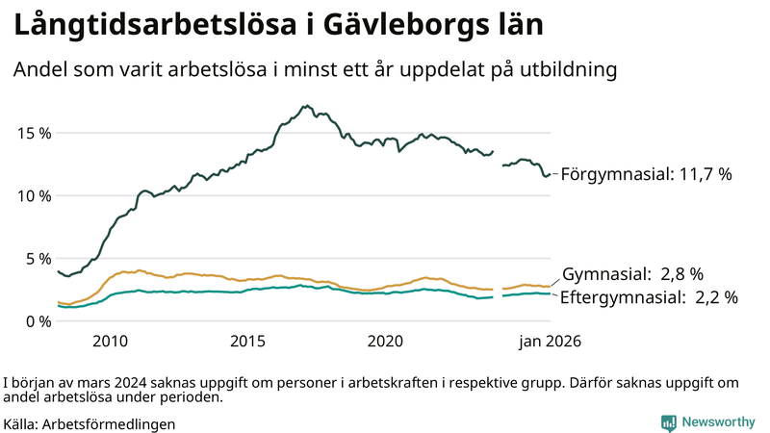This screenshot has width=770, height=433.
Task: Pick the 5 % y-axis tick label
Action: [x=36, y=259]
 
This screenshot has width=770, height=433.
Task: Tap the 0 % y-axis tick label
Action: [x=36, y=321]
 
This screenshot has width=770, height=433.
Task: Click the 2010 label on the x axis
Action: [x=110, y=342]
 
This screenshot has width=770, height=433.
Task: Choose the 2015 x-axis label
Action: [x=247, y=342]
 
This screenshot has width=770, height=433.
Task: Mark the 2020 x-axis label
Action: [x=385, y=342]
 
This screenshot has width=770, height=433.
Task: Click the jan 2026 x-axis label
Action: [x=550, y=342]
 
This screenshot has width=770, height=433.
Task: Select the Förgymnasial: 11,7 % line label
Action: [x=646, y=175]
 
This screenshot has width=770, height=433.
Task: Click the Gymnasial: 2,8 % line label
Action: [x=632, y=274]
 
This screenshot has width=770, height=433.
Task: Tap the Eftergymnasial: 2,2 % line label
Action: [x=649, y=297]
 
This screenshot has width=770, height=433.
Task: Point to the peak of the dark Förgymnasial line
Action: [x=306, y=106]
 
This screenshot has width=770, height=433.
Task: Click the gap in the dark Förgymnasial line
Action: [x=498, y=158]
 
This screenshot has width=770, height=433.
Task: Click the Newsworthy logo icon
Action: [x=668, y=422]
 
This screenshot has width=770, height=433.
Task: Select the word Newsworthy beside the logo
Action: [x=717, y=422]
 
